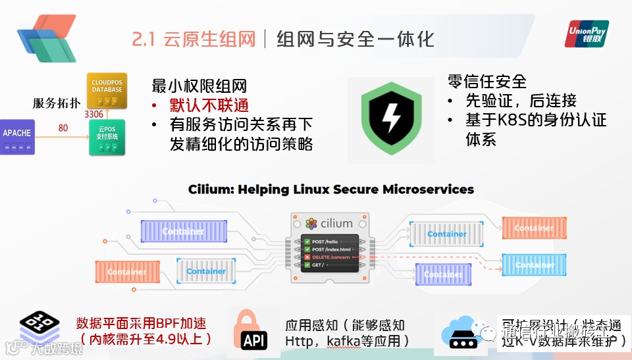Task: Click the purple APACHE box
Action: click(x=17, y=136)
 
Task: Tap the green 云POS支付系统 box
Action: click(x=107, y=136)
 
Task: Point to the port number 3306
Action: click(x=94, y=114)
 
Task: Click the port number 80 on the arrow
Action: click(x=63, y=128)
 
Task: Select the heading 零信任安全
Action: click(x=487, y=82)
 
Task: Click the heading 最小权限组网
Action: click(x=199, y=86)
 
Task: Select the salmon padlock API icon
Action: click(x=254, y=330)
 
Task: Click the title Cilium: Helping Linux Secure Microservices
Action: click(x=330, y=190)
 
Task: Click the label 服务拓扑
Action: click(x=57, y=103)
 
